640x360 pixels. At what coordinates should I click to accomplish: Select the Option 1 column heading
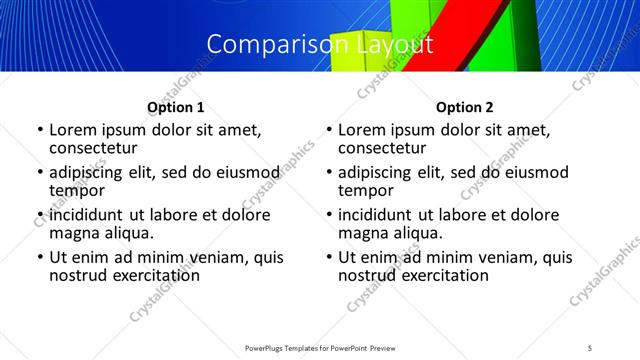point(176,107)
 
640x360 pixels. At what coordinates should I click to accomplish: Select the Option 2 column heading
point(465,107)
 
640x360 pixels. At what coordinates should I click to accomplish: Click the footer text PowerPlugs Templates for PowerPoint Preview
point(319,347)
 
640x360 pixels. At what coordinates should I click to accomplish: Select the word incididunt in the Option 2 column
point(381,215)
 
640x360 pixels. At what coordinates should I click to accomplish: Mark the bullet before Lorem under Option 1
point(40,130)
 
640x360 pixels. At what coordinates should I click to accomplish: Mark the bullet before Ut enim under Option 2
point(329,257)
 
